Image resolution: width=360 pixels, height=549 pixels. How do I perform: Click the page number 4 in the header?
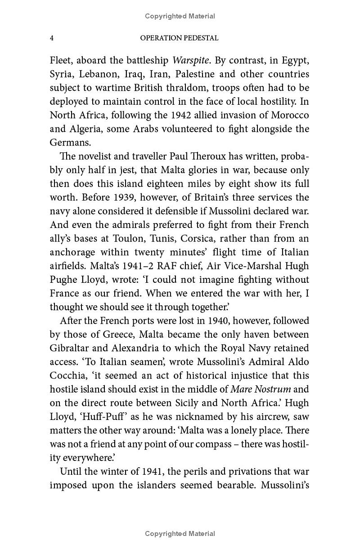52,38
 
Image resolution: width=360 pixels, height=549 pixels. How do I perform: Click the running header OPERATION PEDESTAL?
179,38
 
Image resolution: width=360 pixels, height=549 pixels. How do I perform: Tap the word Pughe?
65,279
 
